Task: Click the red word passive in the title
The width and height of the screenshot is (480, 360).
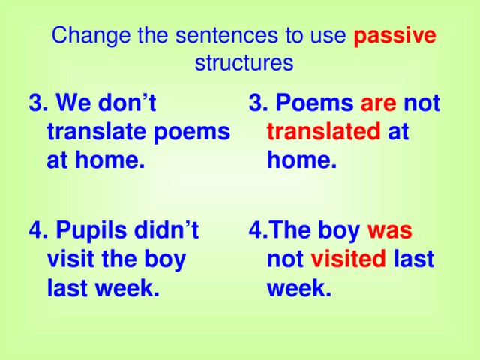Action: point(394,36)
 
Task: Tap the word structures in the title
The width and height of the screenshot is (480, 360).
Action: point(244,63)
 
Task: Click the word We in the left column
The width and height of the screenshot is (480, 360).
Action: point(73,103)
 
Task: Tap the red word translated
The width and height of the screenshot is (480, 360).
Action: point(323,132)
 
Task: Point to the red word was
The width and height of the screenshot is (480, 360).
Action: point(391,230)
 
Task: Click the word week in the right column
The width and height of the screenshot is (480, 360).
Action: point(299,288)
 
